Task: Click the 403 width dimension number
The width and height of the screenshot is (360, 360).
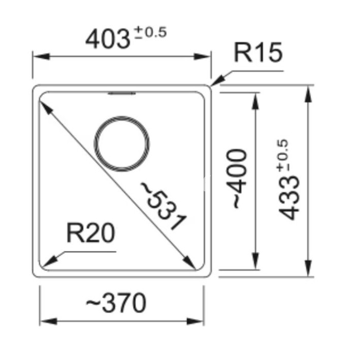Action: (x=107, y=39)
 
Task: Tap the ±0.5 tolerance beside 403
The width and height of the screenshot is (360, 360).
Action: (x=151, y=32)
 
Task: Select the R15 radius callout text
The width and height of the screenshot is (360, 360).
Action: (x=258, y=52)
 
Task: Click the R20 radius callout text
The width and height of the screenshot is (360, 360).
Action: (x=91, y=233)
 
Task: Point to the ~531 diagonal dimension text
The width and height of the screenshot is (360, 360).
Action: (x=164, y=206)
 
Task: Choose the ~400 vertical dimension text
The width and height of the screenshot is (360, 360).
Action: (x=237, y=178)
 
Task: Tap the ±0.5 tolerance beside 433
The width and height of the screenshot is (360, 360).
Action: (x=282, y=155)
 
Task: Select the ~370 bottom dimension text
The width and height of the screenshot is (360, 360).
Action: (x=116, y=302)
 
